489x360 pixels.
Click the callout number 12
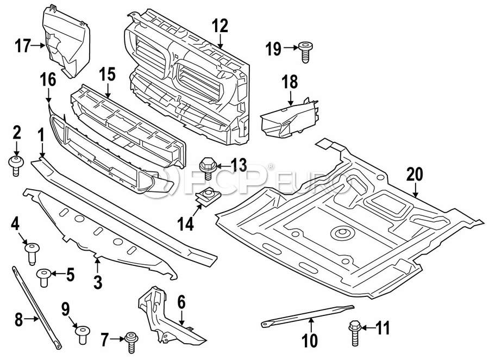point(220,25)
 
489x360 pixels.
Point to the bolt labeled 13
point(208,166)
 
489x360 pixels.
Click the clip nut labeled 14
point(207,197)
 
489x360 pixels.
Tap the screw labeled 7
point(130,341)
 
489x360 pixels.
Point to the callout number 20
point(415,175)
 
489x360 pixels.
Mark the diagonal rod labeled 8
point(36,305)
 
